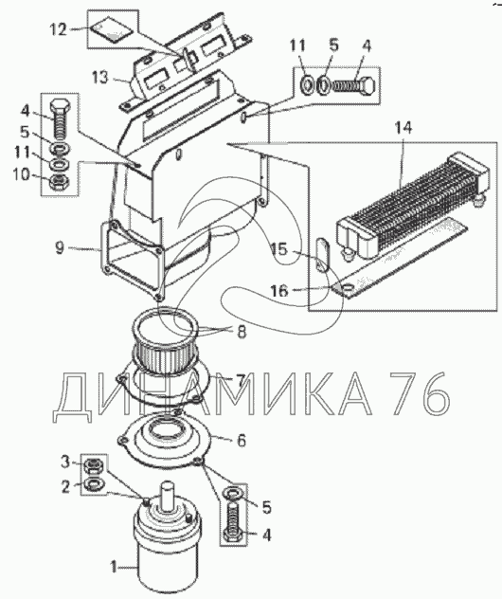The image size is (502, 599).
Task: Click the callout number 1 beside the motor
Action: coord(114,567)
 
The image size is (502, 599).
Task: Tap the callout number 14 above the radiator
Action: coord(403,128)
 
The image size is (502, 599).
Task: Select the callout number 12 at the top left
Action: coord(59,29)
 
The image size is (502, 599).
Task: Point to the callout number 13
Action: coord(100,78)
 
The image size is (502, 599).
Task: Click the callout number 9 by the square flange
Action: coord(60,248)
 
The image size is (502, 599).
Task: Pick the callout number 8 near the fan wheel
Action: coord(242,332)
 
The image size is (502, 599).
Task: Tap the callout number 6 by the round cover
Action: coord(242,441)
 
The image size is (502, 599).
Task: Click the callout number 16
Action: coord(279,291)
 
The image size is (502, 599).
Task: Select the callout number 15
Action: coord(279,249)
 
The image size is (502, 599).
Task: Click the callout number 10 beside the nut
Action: coord(21,175)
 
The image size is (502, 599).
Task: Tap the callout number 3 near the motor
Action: coord(65,463)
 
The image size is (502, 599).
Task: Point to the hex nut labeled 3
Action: coord(92,465)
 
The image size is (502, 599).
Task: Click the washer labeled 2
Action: coord(93,484)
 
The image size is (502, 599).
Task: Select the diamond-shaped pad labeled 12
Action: coord(110,30)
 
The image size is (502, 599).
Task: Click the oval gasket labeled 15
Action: coord(323,254)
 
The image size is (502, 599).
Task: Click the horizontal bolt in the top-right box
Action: coord(354,85)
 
